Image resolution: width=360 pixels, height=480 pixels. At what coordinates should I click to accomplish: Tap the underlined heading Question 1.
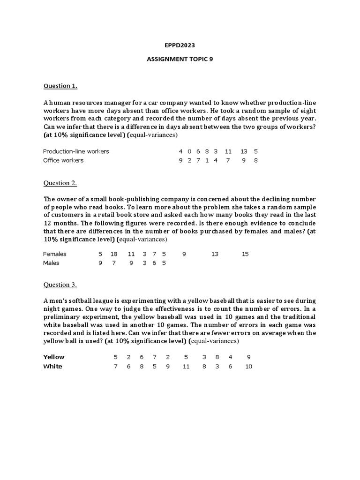point(60,86)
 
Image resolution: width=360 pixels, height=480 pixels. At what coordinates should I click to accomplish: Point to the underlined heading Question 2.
point(60,183)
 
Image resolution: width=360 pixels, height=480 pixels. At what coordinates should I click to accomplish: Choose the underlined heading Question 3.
point(60,285)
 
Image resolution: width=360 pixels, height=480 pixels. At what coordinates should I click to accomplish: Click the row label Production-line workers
point(76,151)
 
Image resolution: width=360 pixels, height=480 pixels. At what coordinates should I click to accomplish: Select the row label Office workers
point(63,160)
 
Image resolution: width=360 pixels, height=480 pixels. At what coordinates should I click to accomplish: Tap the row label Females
point(55,254)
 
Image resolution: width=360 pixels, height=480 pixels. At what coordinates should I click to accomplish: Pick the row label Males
point(51,263)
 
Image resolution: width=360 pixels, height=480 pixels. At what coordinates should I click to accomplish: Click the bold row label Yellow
point(54,357)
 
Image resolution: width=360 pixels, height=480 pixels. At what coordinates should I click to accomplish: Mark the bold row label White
point(52,366)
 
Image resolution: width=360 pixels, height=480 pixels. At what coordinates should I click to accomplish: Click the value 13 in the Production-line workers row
point(244,151)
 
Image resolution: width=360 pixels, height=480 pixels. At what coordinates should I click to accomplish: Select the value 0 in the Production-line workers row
point(189,151)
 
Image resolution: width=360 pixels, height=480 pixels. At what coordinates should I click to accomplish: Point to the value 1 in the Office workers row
point(207,160)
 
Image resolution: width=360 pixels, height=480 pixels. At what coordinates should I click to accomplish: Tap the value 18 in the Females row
point(114,254)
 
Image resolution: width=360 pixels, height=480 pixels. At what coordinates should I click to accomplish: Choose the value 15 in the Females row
point(245,254)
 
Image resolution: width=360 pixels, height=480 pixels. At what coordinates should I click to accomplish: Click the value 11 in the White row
point(186,366)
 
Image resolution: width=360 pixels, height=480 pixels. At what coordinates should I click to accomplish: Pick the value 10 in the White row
point(248,366)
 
